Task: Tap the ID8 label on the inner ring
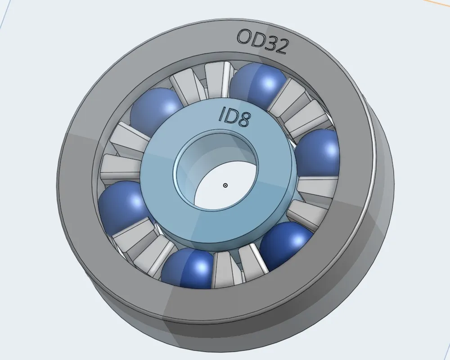coord(234,117)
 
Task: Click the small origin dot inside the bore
coord(225,185)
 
